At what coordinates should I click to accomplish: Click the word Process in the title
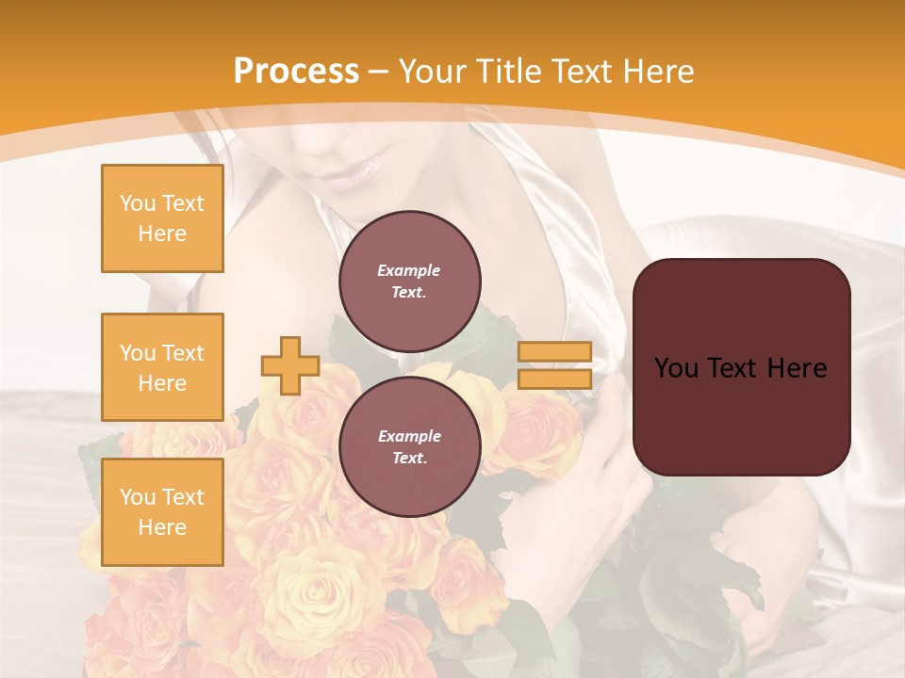point(296,72)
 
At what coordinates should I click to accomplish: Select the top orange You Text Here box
point(162,218)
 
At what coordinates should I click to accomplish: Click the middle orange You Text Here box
point(162,367)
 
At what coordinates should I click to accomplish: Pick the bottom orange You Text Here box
point(162,512)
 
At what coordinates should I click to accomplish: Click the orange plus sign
point(289,365)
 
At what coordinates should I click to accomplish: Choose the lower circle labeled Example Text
point(409,446)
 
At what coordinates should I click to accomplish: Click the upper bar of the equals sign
point(554,352)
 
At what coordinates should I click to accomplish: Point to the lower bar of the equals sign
point(554,379)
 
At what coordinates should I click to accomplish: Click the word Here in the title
point(656,72)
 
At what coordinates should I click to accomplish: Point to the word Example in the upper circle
point(409,270)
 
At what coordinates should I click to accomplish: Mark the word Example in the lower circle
point(409,436)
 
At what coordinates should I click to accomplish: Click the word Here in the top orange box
point(162,234)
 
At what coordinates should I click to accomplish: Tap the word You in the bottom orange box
point(138,497)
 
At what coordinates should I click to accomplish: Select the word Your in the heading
point(432,72)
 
